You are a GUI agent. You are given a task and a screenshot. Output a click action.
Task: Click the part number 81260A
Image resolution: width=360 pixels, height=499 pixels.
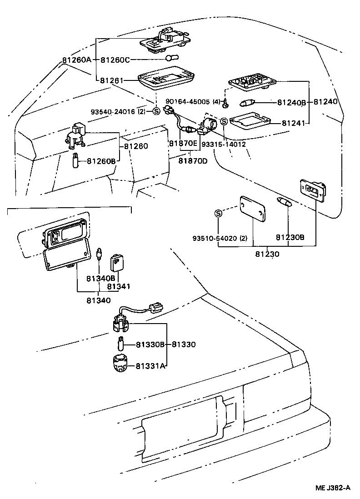[x=76, y=60]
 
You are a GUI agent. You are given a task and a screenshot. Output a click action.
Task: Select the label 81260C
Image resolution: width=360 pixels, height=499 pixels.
[x=115, y=60]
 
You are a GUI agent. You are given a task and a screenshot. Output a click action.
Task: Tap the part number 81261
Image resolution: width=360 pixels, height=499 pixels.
[x=111, y=80]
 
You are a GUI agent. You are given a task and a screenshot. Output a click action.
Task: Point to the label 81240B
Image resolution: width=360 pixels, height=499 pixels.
[x=291, y=102]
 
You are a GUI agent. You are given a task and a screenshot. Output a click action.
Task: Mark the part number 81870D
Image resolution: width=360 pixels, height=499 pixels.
[x=192, y=160]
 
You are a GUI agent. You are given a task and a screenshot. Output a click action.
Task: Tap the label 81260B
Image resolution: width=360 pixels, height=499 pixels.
[x=101, y=160]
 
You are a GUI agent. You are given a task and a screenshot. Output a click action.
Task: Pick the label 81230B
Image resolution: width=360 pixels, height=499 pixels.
[x=290, y=237]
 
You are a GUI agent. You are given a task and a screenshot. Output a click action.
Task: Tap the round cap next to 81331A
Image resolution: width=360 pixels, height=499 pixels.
[x=120, y=364]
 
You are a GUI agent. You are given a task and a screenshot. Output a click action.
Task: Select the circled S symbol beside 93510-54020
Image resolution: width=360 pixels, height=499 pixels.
[x=218, y=214]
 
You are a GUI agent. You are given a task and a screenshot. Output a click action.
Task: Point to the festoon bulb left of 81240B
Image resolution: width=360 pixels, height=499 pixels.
[x=253, y=103]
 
